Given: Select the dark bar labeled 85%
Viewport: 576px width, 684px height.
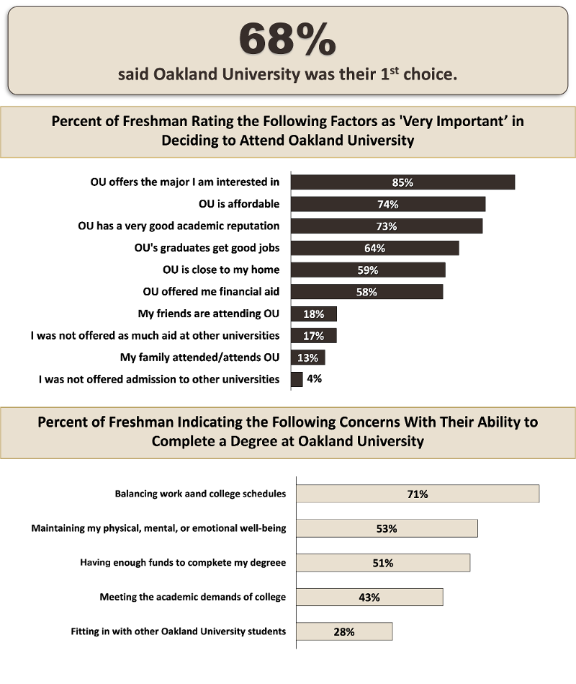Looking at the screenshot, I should (x=402, y=182).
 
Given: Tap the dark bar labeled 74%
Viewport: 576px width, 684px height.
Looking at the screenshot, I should (x=387, y=204).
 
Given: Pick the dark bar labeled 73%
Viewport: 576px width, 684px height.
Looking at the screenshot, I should (x=386, y=226).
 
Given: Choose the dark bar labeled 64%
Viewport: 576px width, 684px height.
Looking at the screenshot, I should (x=374, y=248).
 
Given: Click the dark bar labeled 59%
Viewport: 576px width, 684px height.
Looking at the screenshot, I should (x=367, y=270).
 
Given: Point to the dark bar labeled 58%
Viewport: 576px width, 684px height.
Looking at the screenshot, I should (x=366, y=292).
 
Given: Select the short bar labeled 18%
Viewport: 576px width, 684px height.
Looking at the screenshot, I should (x=313, y=314).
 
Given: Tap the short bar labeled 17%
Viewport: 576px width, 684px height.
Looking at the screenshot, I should (x=313, y=336).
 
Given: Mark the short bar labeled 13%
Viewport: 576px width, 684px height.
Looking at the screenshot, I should (x=307, y=357).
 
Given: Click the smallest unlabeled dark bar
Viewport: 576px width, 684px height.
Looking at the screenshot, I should (x=297, y=379).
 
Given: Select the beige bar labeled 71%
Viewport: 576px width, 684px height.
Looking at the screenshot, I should (x=418, y=494).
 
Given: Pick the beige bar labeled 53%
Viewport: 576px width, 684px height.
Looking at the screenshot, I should (x=387, y=528).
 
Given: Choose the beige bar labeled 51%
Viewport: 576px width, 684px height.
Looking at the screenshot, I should (x=383, y=563).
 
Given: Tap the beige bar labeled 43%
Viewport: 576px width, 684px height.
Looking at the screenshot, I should (x=369, y=598).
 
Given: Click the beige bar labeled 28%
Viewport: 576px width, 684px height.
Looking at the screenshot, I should (x=344, y=631).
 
